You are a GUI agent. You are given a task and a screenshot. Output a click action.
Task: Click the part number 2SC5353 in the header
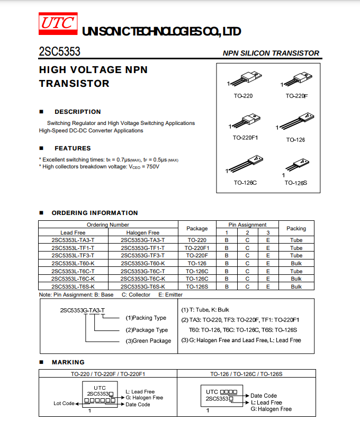coord(59,52)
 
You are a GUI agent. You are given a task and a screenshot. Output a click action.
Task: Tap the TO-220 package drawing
coord(245,80)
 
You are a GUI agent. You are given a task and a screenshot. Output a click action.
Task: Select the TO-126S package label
coord(295,183)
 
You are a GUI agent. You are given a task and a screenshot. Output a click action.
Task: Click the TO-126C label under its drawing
coord(245,183)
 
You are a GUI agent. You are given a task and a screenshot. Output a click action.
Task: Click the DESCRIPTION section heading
coord(77,112)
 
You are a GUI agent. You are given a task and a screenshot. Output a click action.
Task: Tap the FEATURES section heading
coord(73,148)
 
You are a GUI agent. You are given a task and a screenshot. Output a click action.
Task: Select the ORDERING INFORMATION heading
coord(94,213)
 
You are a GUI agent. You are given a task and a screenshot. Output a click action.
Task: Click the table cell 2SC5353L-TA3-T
coord(73,240)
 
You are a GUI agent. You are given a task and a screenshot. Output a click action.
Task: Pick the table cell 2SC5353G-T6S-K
coord(142,286)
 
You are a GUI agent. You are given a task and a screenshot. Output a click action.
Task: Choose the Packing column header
coord(296,229)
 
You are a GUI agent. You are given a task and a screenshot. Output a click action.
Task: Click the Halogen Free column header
coord(142,232)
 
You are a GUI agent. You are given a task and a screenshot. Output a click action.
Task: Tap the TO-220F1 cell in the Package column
coord(197,248)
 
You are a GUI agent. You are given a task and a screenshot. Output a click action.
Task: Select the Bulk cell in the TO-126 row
coord(296,263)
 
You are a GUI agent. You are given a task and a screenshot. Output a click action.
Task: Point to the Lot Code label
coord(64,404)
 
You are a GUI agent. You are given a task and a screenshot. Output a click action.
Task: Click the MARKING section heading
coord(68,362)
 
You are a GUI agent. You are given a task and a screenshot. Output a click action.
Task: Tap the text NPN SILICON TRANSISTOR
coord(271,53)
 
